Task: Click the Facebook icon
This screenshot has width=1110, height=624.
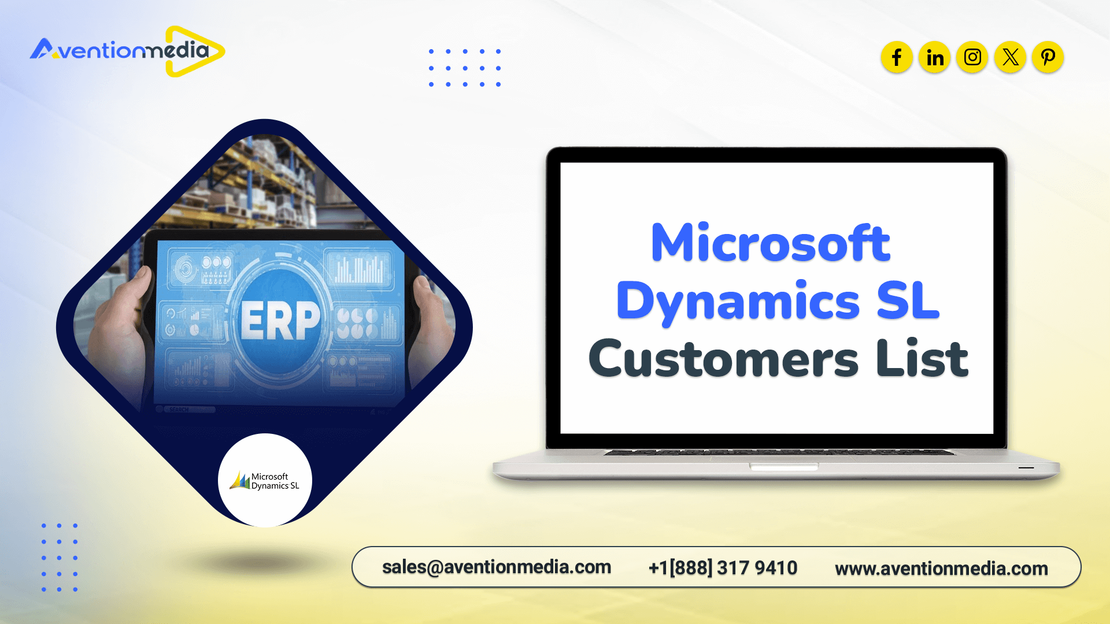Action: coord(897,57)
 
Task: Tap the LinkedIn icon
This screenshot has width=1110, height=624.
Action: coord(935,57)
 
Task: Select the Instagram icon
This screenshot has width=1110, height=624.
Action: coord(972,57)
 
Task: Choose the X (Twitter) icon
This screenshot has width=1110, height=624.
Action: coord(1011,57)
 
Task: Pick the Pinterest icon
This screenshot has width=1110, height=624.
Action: coord(1048,57)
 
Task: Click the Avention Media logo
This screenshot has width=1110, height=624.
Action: coord(128,51)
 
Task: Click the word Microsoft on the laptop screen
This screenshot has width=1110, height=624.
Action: coord(771,243)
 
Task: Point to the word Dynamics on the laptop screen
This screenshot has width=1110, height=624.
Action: coord(738,302)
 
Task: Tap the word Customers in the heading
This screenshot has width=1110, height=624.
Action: coord(723,359)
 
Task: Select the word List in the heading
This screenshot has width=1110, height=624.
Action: coord(922,358)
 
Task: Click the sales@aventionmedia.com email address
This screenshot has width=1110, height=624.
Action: coord(497,567)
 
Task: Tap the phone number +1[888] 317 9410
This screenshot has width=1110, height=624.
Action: coord(723,568)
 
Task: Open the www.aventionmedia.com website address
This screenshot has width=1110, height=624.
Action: coord(941,569)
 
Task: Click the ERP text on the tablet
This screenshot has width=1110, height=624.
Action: coord(280,321)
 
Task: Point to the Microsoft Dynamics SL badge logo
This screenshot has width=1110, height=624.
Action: coord(265,480)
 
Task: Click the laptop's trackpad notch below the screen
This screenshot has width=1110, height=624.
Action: coord(784,466)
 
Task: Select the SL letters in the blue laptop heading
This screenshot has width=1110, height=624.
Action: coord(908,301)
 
